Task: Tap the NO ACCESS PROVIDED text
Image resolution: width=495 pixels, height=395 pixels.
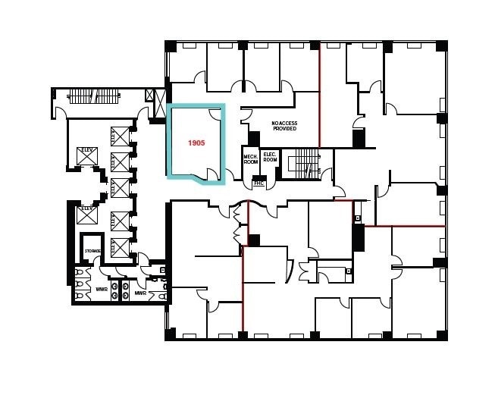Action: (x=284, y=126)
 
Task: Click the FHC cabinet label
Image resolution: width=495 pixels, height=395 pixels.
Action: (x=258, y=183)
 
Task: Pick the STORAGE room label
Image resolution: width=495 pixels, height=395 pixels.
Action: (x=92, y=251)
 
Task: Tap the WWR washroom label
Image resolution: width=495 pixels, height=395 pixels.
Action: (x=101, y=289)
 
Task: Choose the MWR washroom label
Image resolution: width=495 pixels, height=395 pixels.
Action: (x=140, y=293)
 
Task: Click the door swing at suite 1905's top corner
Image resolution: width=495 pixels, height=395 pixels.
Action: (x=215, y=115)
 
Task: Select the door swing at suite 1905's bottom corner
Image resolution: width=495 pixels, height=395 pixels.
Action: (x=222, y=177)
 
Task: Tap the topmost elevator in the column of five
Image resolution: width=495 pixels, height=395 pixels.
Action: (x=120, y=136)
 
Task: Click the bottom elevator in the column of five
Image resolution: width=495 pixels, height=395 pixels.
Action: (x=120, y=246)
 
